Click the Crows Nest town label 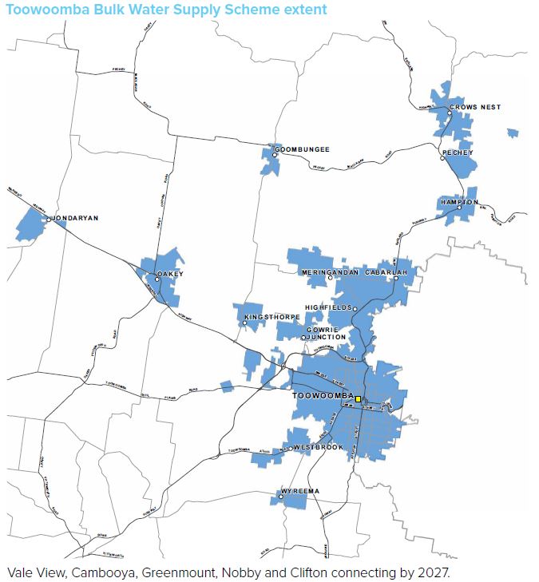(475, 107)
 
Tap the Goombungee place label (302, 149)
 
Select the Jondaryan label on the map (77, 217)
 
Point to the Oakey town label (170, 274)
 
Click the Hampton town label (458, 202)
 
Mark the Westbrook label (318, 447)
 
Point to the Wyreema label (301, 490)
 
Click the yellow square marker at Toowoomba (359, 398)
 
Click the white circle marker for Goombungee (269, 149)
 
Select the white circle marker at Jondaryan (50, 217)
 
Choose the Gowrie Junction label (324, 333)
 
